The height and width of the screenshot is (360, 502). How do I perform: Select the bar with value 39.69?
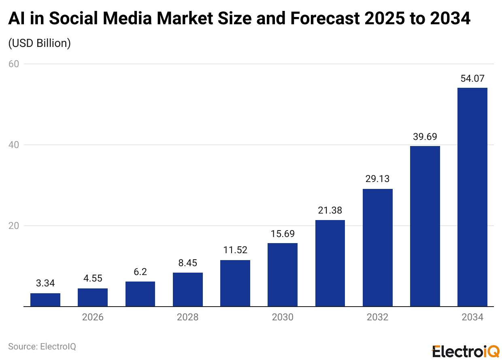(425, 226)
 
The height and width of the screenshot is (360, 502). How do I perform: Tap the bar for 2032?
(377, 248)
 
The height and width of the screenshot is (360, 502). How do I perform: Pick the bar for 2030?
(283, 275)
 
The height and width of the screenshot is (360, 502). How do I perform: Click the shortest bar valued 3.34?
(45, 300)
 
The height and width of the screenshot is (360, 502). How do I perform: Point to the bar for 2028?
(188, 289)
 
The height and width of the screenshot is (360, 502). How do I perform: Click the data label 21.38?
(330, 210)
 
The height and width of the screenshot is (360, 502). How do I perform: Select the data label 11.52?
(235, 250)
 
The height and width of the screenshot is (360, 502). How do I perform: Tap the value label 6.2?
(140, 272)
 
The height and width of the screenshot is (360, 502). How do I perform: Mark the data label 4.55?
(93, 278)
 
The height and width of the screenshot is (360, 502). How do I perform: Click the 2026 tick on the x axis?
(93, 317)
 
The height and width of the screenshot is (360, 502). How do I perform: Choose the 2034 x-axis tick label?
(472, 317)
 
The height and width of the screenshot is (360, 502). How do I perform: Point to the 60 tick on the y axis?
(14, 64)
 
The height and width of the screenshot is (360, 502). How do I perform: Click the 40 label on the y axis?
(14, 145)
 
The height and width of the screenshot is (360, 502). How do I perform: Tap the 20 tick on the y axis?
(14, 226)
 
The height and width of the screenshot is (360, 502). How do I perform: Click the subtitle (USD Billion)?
(40, 43)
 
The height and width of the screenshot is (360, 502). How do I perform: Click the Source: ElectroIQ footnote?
(42, 346)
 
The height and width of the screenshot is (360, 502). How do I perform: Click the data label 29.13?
(377, 179)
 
